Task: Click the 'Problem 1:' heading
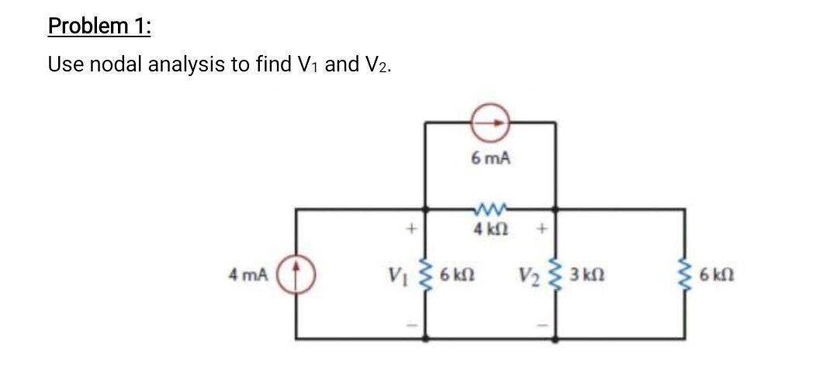click(x=100, y=26)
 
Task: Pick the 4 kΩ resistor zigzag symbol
click(x=490, y=209)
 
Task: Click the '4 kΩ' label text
click(x=490, y=231)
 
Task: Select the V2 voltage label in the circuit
click(x=531, y=274)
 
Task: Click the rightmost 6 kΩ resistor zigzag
click(x=684, y=274)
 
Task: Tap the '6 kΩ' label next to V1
click(x=457, y=274)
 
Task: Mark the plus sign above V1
click(x=414, y=229)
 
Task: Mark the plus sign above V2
click(x=542, y=229)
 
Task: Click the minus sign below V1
click(x=414, y=324)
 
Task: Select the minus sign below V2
click(x=542, y=324)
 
